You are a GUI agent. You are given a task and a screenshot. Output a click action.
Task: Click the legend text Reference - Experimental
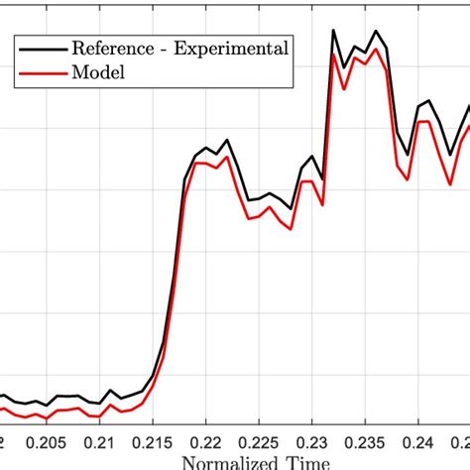point(177,48)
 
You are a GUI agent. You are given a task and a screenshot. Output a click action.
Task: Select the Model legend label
point(91,72)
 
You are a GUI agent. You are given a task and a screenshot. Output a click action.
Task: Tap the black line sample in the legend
point(40,48)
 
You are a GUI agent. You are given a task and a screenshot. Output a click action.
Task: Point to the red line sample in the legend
point(40,72)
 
